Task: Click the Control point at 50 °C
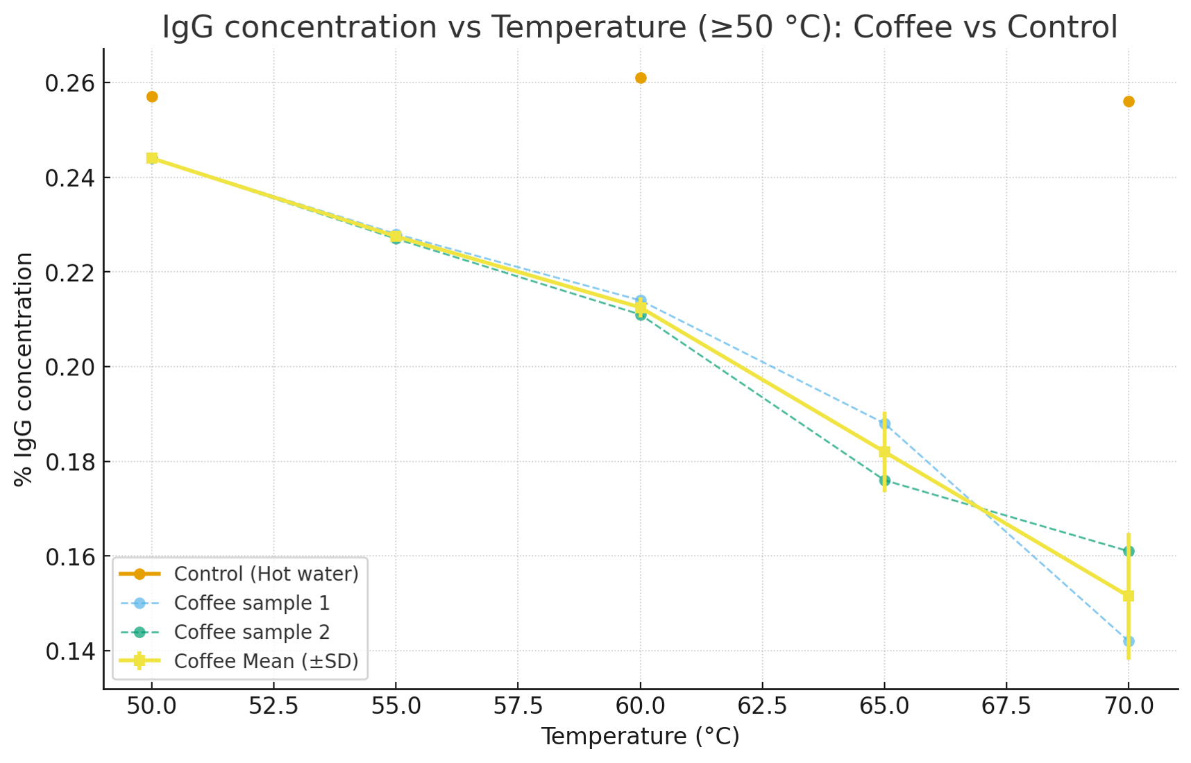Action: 152,96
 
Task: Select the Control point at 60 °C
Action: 641,78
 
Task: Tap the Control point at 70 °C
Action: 1129,101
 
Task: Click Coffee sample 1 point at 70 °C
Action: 1129,641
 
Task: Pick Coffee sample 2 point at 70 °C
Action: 1129,551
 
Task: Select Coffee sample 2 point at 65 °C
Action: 884,480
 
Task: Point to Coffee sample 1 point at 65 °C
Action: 884,424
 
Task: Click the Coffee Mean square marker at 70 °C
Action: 1129,596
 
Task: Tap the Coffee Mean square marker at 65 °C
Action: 884,452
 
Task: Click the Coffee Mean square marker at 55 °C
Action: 396,237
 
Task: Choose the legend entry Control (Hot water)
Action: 266,574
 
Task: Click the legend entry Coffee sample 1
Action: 251,603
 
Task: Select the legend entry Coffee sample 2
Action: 251,632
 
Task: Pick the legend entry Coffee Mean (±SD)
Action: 266,661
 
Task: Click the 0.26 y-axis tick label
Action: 69,83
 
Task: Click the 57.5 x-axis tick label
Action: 518,706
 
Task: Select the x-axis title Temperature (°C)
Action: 640,737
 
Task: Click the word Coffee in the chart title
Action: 895,28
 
